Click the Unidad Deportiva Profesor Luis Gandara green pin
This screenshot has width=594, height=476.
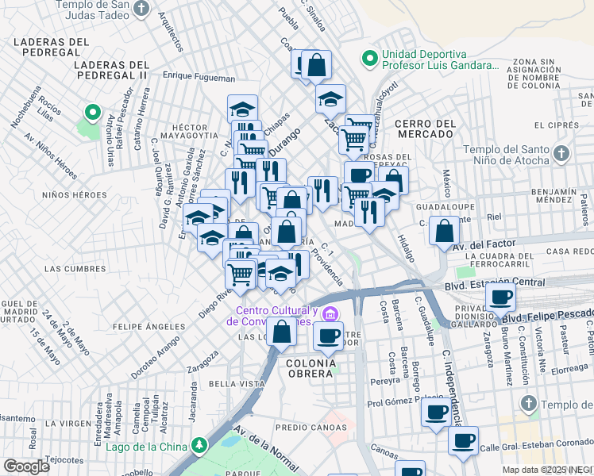368,58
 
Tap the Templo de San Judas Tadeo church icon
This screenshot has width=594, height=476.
141,9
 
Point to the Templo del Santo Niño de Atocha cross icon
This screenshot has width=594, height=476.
561,152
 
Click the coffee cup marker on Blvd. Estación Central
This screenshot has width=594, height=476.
499,297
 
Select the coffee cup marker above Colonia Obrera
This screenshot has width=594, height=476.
328,336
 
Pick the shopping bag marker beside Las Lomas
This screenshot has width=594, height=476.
281,332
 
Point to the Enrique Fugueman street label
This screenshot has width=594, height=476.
199,79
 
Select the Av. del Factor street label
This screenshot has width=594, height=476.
483,244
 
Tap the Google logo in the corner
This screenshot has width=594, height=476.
26,466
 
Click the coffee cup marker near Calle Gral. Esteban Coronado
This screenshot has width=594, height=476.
464,440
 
